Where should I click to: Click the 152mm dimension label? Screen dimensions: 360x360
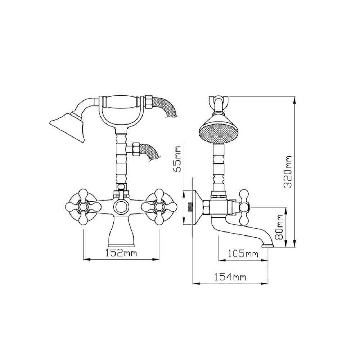122,252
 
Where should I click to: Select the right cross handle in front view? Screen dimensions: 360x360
159,206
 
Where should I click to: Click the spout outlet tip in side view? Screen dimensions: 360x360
267,246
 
